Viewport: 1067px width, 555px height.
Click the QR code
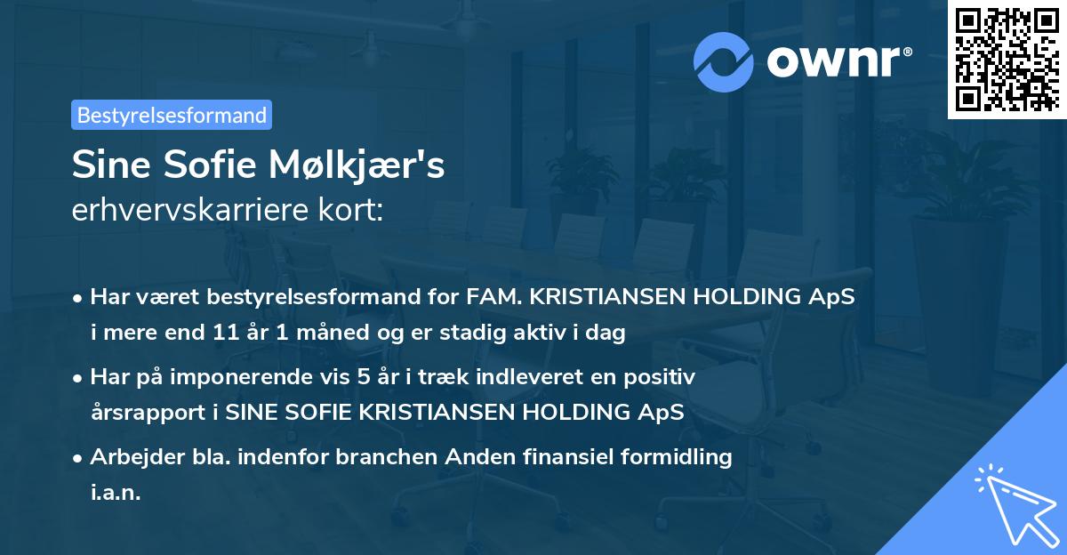(x=1007, y=59)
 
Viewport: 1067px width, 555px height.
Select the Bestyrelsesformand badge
(x=172, y=115)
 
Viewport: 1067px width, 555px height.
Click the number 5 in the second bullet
(x=362, y=377)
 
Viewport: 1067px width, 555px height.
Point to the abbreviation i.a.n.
(x=116, y=493)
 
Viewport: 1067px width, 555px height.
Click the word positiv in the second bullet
(x=662, y=377)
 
